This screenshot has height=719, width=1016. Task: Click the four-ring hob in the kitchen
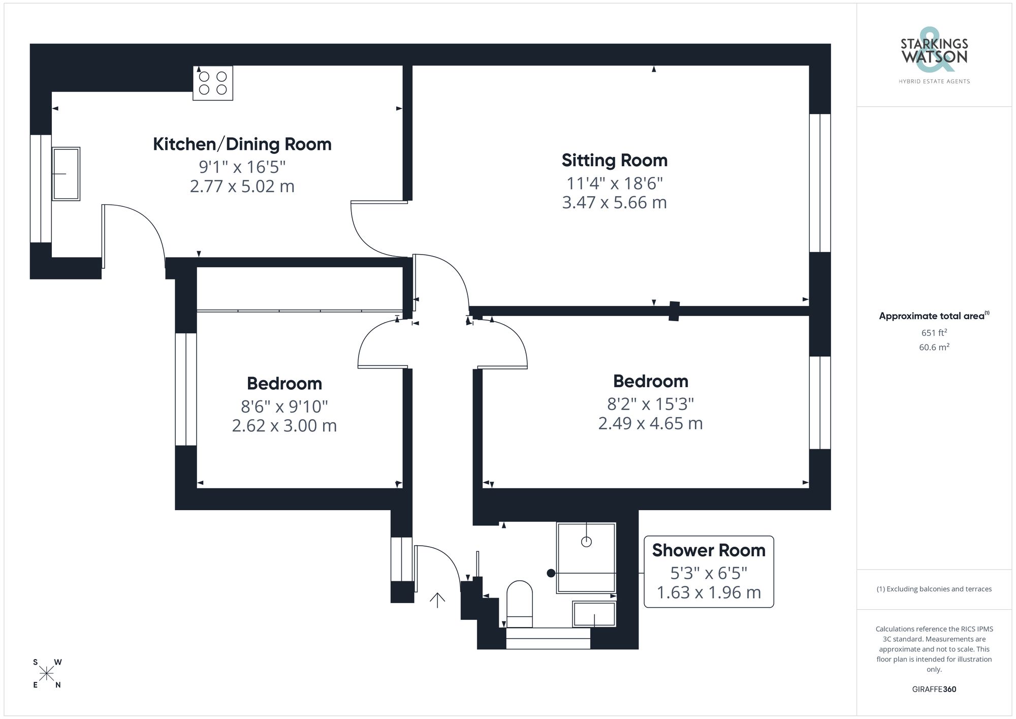(213, 83)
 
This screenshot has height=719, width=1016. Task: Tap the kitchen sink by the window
(66, 174)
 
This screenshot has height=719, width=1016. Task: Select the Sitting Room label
(614, 161)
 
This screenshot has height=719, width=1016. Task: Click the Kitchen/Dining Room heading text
(242, 144)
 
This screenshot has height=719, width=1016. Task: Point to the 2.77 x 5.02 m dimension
(242, 186)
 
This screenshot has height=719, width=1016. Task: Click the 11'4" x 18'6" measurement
(614, 183)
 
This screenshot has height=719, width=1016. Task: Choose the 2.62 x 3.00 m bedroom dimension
(284, 426)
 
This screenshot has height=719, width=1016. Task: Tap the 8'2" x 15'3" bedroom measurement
(650, 404)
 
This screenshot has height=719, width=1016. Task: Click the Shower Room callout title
(708, 550)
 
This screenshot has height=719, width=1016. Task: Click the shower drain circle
(586, 542)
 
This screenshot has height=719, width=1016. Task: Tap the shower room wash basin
(594, 614)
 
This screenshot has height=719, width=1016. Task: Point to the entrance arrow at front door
(437, 600)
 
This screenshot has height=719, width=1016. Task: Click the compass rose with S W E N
(47, 674)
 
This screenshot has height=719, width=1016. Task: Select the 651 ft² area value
(934, 333)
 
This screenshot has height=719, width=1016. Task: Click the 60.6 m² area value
(934, 348)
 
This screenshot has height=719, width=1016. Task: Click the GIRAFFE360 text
(934, 690)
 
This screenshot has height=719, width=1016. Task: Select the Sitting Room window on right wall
(819, 183)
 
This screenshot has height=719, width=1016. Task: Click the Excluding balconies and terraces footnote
(934, 589)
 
